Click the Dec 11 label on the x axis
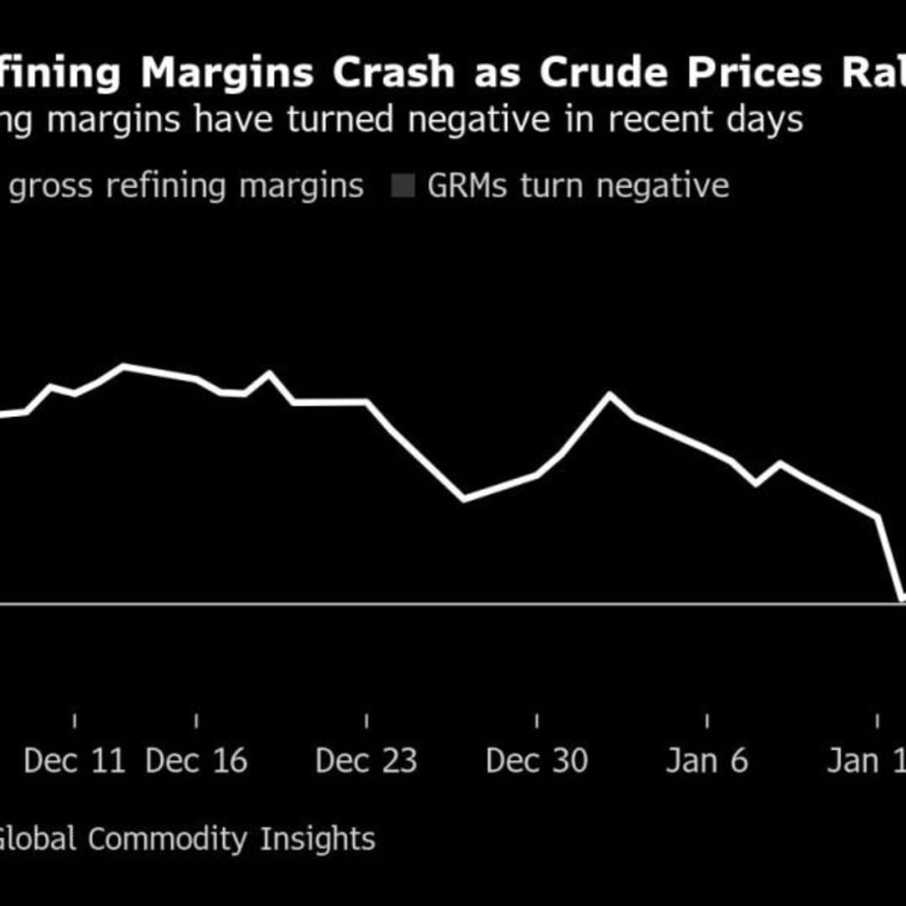75,761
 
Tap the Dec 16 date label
196,761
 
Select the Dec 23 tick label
366,761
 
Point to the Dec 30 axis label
537,761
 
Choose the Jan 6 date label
706,761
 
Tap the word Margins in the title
227,74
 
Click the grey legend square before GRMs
404,186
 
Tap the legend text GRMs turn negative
578,185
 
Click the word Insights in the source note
317,839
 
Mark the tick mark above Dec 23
367,721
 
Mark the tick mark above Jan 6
707,721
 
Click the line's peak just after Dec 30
610,393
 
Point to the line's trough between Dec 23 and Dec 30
464,501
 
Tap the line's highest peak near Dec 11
123,365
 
